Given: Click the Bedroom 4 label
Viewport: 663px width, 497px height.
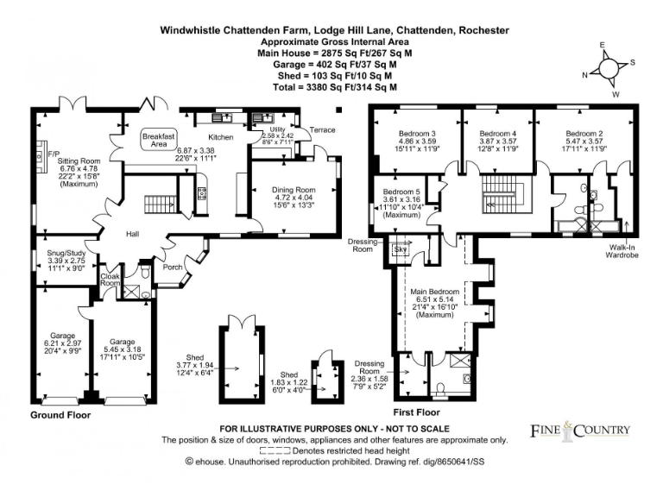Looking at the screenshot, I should (x=497, y=134).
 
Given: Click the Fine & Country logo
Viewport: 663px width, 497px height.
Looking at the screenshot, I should (x=579, y=429).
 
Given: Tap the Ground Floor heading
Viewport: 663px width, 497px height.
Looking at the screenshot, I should (x=61, y=415).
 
